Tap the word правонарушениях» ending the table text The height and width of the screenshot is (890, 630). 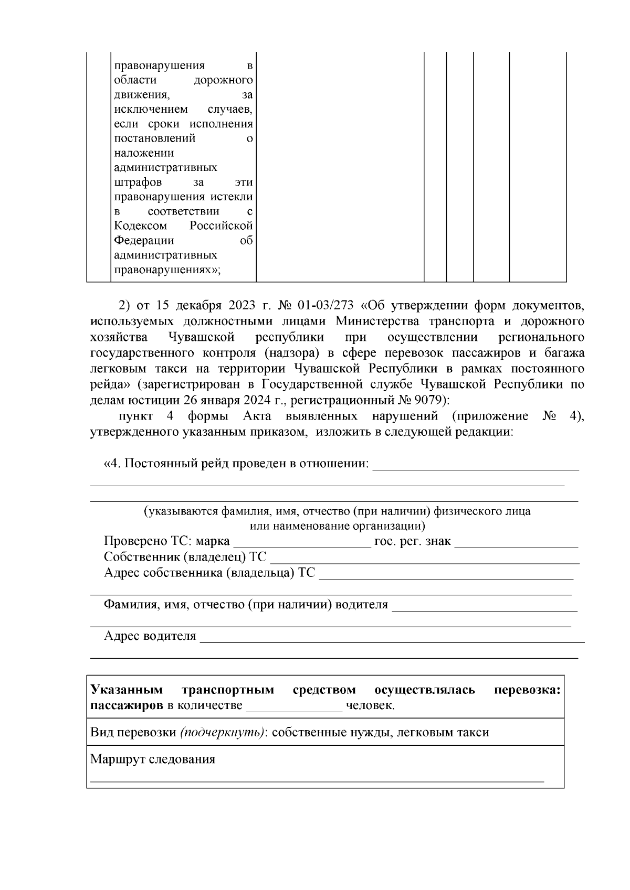(167, 270)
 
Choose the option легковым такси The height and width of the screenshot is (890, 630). (443, 732)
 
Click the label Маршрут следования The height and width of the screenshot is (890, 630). (153, 759)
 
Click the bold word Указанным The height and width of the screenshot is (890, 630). (127, 690)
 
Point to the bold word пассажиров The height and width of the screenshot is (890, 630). (127, 705)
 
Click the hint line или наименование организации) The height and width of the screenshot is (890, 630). (337, 526)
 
